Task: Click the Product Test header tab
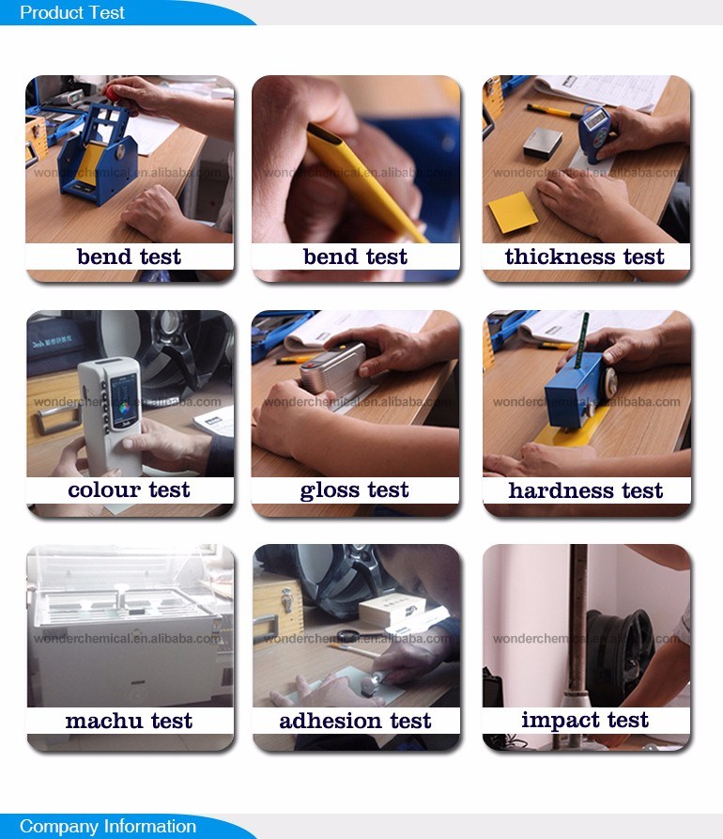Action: (x=73, y=13)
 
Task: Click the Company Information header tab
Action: (x=108, y=827)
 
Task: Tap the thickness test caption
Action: (x=584, y=257)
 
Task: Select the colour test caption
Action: (x=129, y=490)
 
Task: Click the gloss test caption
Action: (x=355, y=490)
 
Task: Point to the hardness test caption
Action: (x=586, y=490)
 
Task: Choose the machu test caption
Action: (x=129, y=722)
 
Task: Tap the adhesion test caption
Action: (x=355, y=722)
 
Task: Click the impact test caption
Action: (x=585, y=721)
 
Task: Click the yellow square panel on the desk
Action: (x=513, y=212)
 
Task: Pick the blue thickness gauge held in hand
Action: (x=594, y=131)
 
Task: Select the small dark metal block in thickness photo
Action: (x=542, y=144)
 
